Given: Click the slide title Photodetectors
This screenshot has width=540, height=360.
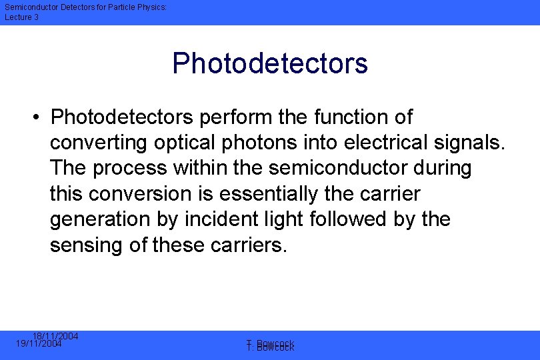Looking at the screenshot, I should point(270,63).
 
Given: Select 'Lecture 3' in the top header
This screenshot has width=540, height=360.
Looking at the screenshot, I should point(22,17).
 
